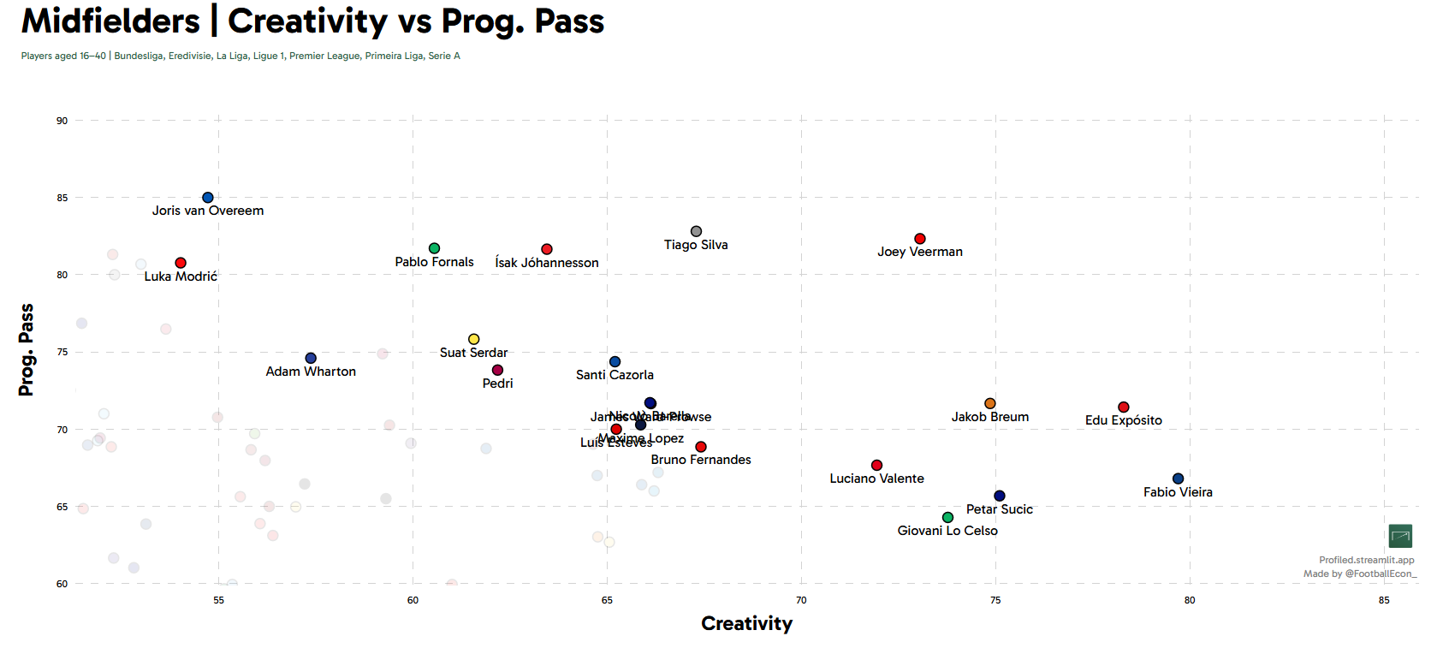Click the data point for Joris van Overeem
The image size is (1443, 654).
click(208, 198)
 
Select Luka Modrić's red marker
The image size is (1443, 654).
click(181, 263)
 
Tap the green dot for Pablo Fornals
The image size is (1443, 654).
click(434, 248)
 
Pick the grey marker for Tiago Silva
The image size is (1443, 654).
click(696, 232)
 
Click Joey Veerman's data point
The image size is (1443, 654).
click(920, 239)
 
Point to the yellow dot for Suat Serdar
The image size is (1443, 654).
click(473, 339)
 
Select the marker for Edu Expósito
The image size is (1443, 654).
click(1124, 407)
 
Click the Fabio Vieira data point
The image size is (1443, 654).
click(1178, 479)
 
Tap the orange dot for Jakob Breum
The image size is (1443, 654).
click(990, 403)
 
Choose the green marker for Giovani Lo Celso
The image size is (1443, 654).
click(947, 517)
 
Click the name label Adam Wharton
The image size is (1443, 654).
click(311, 372)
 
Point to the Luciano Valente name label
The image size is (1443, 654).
click(876, 479)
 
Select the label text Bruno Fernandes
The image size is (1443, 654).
click(701, 460)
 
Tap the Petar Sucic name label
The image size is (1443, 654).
click(1000, 509)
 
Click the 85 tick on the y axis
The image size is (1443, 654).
click(62, 198)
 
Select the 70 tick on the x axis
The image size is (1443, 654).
click(801, 600)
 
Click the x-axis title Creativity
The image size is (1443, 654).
click(746, 623)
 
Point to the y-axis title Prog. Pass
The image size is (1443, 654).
click(27, 349)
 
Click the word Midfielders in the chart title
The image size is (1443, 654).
click(110, 21)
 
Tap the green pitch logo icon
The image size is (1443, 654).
click(1400, 536)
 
